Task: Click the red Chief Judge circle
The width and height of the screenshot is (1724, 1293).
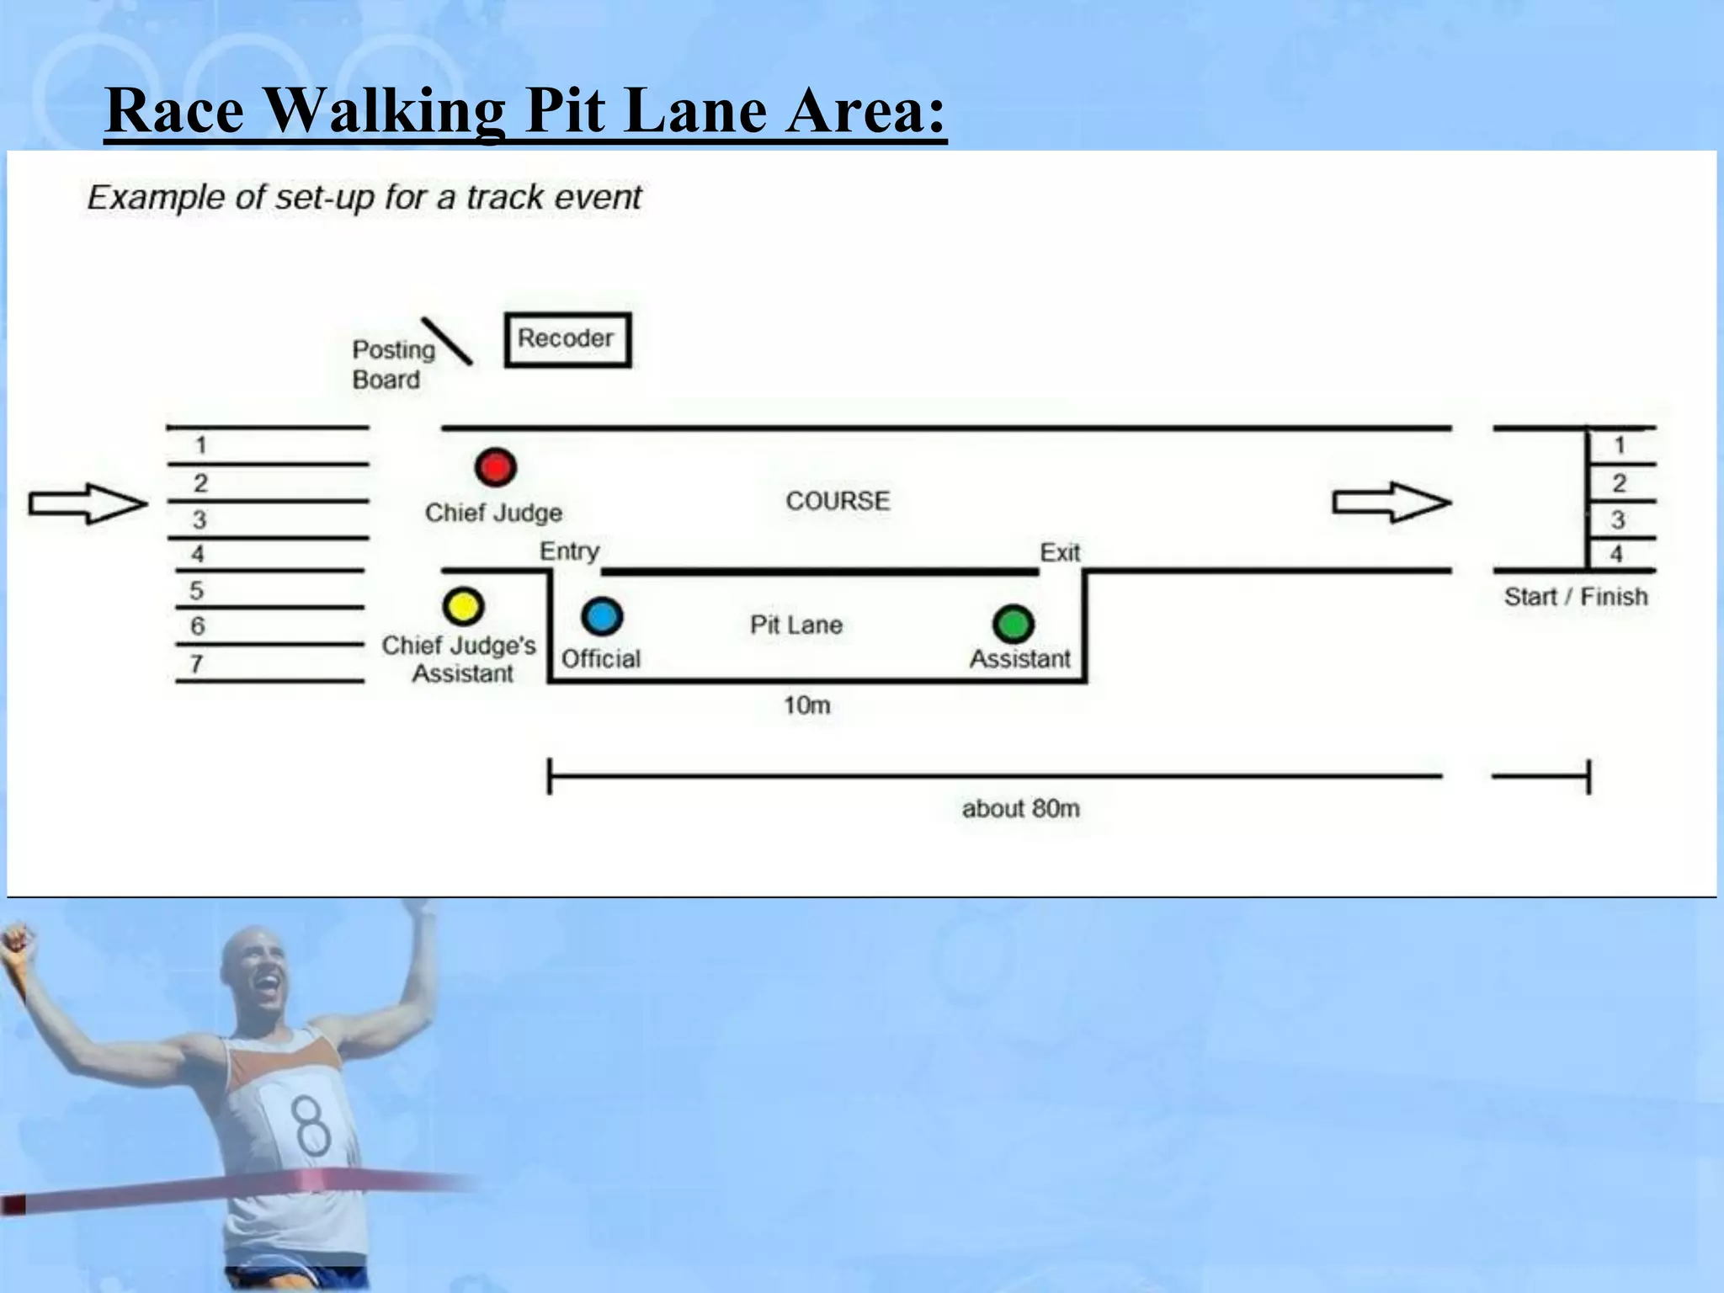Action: (495, 467)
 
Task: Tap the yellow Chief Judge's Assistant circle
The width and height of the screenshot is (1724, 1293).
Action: (463, 606)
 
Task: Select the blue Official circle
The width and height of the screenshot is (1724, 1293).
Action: (602, 617)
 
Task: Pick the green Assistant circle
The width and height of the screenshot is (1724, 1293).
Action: (1014, 625)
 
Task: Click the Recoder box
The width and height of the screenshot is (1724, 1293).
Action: (567, 339)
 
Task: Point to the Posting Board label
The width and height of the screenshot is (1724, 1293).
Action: (392, 364)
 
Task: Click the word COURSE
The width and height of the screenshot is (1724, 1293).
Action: (838, 501)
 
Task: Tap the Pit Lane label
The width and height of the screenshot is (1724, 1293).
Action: (796, 625)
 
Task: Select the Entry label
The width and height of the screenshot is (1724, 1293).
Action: (569, 551)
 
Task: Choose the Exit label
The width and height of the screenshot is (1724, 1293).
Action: (1060, 552)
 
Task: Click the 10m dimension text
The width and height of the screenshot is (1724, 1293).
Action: (806, 705)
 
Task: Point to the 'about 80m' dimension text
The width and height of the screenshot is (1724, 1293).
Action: (1020, 808)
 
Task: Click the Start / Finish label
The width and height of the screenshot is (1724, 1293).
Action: (1576, 597)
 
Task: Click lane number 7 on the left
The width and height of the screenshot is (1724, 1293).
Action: (196, 664)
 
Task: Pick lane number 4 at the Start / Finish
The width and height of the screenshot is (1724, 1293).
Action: (1616, 554)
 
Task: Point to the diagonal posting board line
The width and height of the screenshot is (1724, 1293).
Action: (446, 341)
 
